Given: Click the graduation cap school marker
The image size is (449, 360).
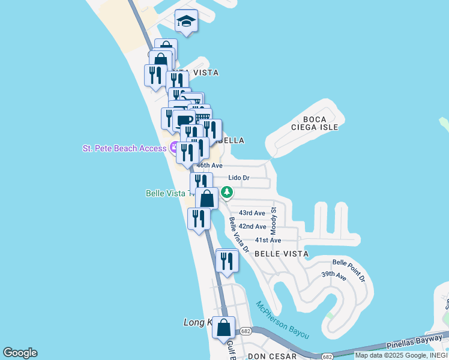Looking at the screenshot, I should [187, 22].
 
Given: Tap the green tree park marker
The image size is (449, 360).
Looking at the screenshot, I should [226, 193].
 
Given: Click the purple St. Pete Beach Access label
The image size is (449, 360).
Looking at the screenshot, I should [125, 148].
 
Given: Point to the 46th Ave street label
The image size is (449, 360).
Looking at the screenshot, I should [211, 166].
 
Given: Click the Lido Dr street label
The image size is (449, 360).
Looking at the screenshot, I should [239, 178].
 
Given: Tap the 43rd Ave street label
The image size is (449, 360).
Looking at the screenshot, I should [252, 213].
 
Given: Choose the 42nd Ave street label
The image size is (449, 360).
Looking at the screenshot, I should [252, 226].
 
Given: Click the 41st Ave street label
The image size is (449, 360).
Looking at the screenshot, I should [268, 240].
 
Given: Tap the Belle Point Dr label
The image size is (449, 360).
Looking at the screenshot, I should [349, 271].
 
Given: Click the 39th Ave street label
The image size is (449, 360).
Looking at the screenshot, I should [334, 276].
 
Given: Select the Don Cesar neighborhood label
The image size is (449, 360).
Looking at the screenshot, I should [273, 356].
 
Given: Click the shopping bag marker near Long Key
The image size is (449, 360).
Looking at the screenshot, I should [224, 328].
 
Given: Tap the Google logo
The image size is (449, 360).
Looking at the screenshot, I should [20, 353].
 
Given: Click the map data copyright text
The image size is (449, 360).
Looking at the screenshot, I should [400, 355].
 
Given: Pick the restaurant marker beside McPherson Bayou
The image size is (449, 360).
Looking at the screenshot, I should [226, 261].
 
